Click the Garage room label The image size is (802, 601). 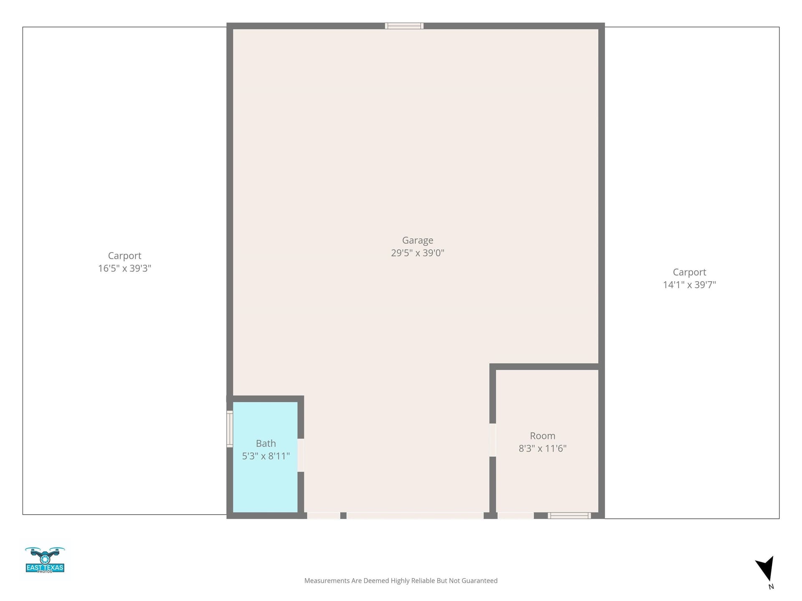click(x=417, y=240)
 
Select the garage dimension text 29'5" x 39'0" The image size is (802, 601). click(x=417, y=253)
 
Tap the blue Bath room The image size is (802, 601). click(x=265, y=457)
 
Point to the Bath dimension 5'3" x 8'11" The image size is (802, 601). click(x=266, y=456)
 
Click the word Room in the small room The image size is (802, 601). click(x=542, y=436)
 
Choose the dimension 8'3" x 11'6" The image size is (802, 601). click(x=542, y=448)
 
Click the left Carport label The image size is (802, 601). click(x=124, y=256)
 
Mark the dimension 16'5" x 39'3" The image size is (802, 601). click(x=124, y=268)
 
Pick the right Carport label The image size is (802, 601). click(x=689, y=272)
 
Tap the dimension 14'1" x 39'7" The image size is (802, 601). click(x=689, y=285)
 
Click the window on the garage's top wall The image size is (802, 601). click(x=404, y=26)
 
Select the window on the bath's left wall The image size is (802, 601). click(x=230, y=429)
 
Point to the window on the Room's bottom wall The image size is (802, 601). click(x=569, y=515)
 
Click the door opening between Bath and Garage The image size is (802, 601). click(x=301, y=455)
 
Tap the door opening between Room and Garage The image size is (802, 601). click(x=492, y=440)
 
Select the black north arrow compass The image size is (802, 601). click(x=766, y=570)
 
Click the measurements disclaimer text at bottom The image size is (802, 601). click(x=401, y=581)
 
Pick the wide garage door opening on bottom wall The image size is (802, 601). click(x=415, y=515)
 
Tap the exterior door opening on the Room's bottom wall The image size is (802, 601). click(x=515, y=515)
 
